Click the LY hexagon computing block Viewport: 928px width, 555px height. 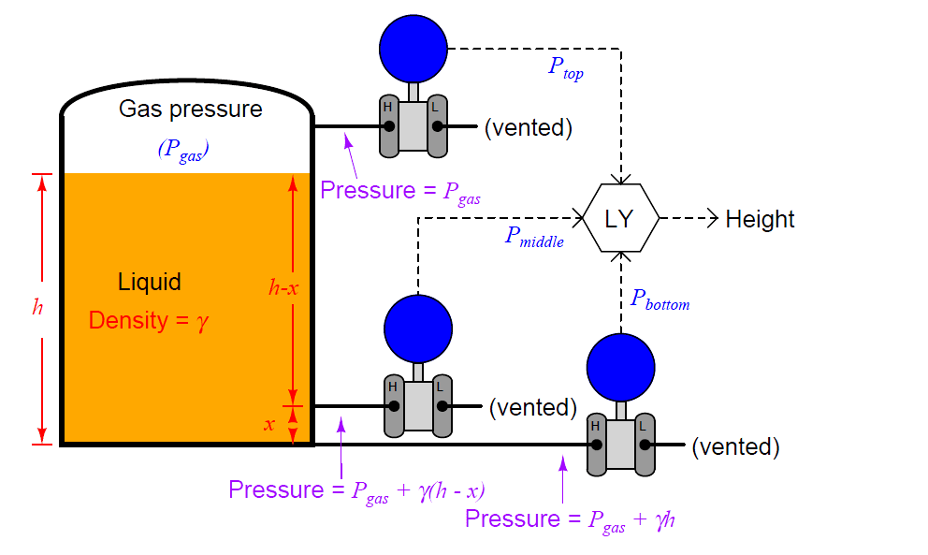pos(620,219)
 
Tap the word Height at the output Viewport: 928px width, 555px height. pos(760,220)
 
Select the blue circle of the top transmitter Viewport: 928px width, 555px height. pos(413,48)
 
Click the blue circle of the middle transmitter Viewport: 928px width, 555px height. pos(418,329)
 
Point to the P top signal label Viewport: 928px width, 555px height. pos(565,67)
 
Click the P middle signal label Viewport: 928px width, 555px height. pos(534,237)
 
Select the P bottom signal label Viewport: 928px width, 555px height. pos(660,299)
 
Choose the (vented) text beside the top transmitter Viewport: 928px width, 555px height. pos(528,127)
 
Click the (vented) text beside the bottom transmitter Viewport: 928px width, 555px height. pos(735,446)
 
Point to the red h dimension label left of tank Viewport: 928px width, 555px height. pos(37,308)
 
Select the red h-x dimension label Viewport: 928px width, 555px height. pos(283,289)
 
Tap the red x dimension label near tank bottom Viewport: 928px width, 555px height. pos(269,425)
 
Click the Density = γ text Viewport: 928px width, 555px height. pos(149,321)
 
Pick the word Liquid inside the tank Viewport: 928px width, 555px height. pos(150,282)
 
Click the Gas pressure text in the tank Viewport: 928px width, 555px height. pos(190,110)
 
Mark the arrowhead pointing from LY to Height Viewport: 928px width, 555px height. pos(714,219)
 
